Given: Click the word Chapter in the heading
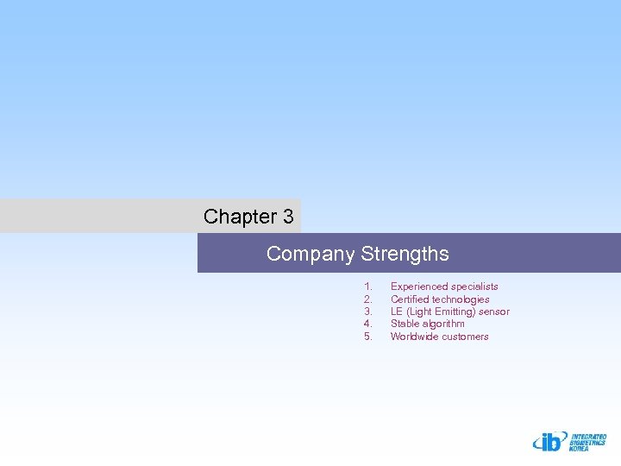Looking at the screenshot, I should pyautogui.click(x=235, y=217).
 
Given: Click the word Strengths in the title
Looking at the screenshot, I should pyautogui.click(x=405, y=254).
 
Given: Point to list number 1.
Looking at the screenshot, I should pyautogui.click(x=368, y=287).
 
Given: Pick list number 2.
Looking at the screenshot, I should pyautogui.click(x=368, y=299).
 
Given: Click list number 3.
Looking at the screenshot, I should pyautogui.click(x=368, y=312).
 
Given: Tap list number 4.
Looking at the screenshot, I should pyautogui.click(x=368, y=324).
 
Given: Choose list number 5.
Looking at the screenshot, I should pyautogui.click(x=368, y=337).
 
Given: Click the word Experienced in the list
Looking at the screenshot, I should pyautogui.click(x=419, y=287).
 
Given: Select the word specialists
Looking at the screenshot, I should pyautogui.click(x=475, y=287).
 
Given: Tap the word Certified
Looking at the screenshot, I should pyautogui.click(x=410, y=299).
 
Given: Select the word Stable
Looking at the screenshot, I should pyautogui.click(x=405, y=324).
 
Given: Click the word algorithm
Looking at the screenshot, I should pyautogui.click(x=443, y=324).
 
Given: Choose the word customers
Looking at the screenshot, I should pyautogui.click(x=465, y=337).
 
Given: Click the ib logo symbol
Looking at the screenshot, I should pyautogui.click(x=548, y=441).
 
